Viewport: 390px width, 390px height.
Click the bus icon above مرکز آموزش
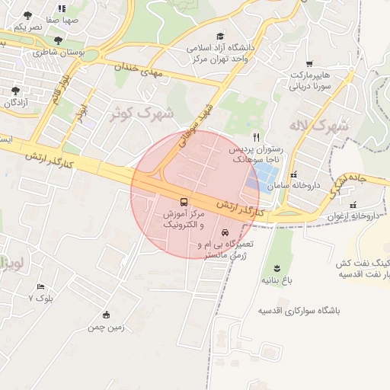186,202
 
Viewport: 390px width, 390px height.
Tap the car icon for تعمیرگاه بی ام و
225,232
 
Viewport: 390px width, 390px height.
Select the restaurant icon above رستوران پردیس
257,138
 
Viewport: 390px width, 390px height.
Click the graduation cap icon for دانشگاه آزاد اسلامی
220,36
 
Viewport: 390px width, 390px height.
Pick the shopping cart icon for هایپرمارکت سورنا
308,64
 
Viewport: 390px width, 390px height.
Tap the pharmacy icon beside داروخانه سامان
294,176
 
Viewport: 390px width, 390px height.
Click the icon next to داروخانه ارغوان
352,204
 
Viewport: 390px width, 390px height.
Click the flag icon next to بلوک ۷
40,286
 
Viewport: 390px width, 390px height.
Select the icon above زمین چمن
106,315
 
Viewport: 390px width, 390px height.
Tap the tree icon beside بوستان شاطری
58,40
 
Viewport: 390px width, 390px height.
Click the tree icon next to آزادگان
15,90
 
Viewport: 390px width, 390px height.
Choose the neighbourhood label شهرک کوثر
142,113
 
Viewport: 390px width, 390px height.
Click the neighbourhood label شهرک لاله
319,124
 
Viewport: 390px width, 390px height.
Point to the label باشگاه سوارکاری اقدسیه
299,312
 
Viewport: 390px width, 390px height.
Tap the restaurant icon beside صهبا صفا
62,8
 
